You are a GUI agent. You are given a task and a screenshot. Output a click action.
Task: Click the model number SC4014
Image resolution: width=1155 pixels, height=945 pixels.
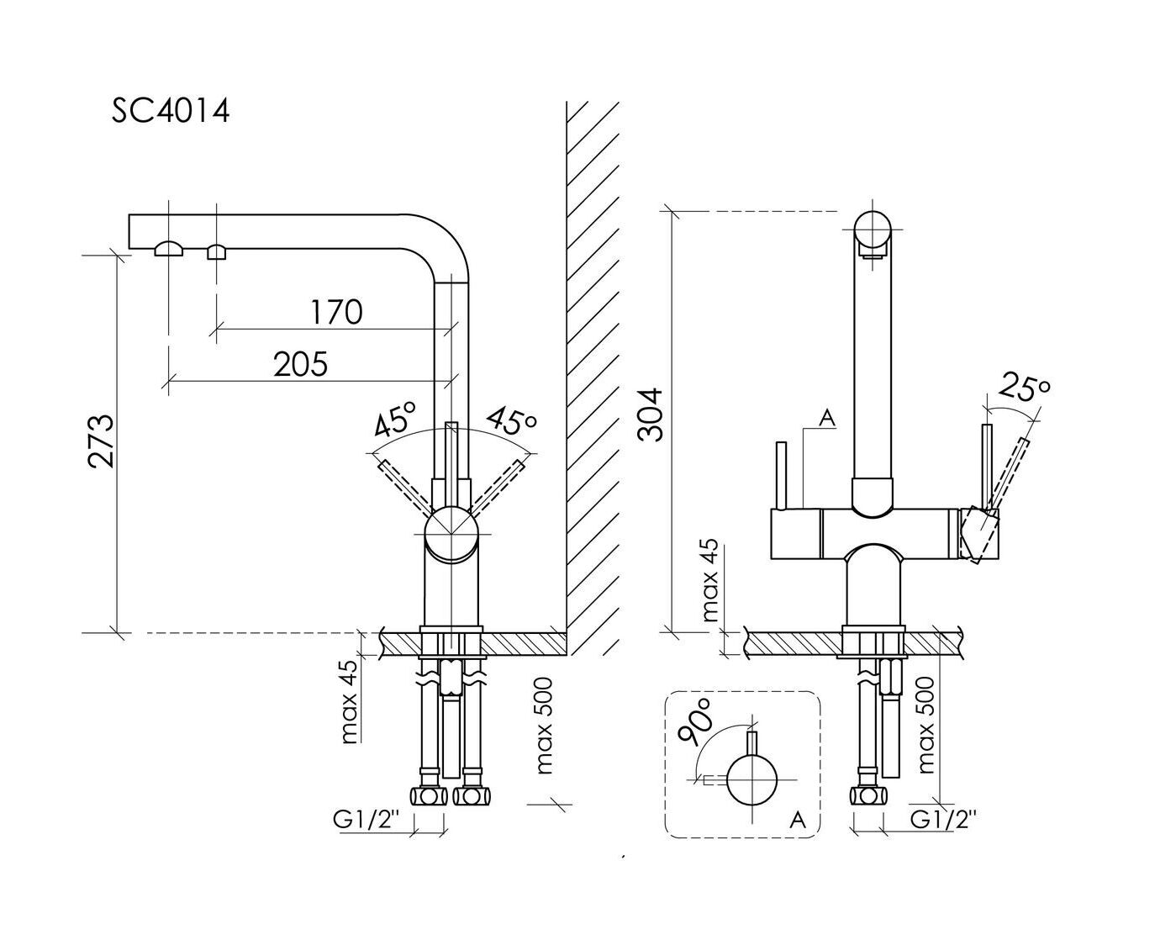[171, 111]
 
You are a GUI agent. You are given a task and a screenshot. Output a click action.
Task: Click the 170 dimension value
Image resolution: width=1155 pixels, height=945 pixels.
[336, 312]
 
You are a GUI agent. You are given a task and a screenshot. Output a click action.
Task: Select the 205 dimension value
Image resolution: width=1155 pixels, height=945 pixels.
[300, 364]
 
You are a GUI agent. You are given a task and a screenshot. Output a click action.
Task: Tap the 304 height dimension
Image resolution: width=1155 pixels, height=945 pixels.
[651, 414]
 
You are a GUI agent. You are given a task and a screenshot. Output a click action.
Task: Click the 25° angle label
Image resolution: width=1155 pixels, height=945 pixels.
[1025, 388]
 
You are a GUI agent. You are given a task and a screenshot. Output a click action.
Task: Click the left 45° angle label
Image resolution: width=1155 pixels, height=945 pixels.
[394, 418]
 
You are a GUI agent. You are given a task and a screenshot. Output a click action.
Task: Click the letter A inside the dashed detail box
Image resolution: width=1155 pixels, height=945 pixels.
[798, 820]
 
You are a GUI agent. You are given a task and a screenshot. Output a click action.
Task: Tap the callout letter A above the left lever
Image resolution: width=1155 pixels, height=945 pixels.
[827, 418]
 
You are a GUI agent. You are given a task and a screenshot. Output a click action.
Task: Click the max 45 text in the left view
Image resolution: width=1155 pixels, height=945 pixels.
[350, 702]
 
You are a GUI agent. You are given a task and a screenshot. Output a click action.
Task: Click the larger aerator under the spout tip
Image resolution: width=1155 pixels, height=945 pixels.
[169, 248]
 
